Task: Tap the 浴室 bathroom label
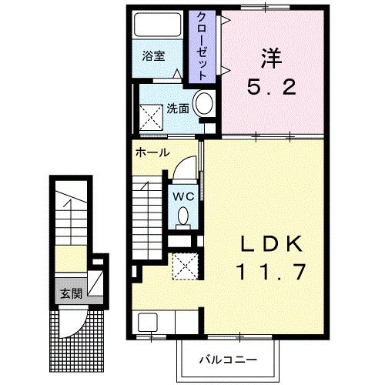click(x=152, y=57)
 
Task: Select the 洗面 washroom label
click(x=177, y=108)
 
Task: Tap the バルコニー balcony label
click(x=228, y=359)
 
